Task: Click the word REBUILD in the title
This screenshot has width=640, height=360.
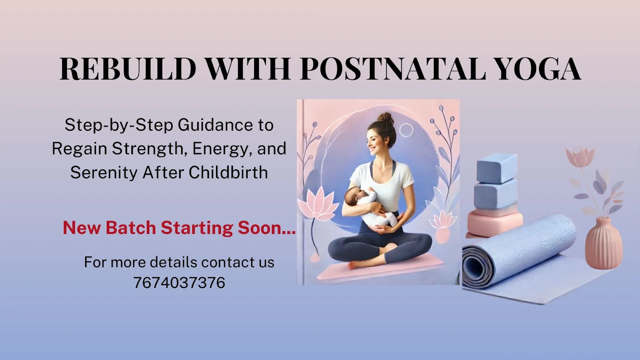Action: tap(128, 69)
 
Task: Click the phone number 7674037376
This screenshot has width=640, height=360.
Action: tap(179, 282)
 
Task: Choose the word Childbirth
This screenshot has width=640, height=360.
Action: tap(228, 172)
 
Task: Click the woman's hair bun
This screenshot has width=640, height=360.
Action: tap(385, 119)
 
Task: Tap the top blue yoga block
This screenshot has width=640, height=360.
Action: tap(497, 168)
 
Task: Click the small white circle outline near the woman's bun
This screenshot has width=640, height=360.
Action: tap(406, 130)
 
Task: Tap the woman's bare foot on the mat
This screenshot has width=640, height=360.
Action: tap(357, 265)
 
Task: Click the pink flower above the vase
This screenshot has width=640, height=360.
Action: tap(580, 157)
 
